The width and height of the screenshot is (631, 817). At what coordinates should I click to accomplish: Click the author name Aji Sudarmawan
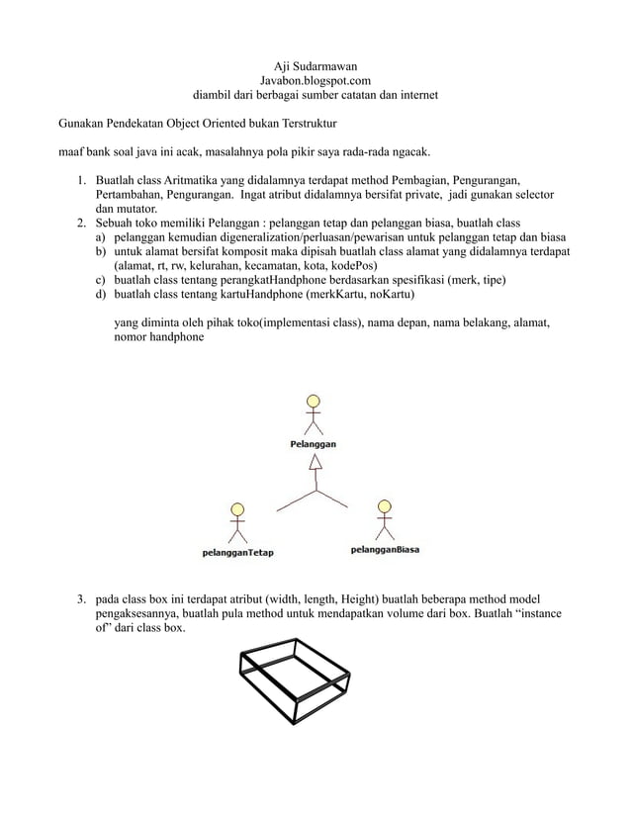315,64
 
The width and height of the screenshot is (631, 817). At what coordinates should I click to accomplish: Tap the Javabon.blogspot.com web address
315,80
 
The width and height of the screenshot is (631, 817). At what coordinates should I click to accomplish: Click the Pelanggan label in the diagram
313,445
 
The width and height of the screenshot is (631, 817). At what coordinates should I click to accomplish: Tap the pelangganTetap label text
237,552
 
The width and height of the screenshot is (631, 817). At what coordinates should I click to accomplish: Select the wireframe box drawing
295,681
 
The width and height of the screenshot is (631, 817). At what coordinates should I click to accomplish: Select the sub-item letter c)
101,280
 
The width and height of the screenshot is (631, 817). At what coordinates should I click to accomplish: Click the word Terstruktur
306,126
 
